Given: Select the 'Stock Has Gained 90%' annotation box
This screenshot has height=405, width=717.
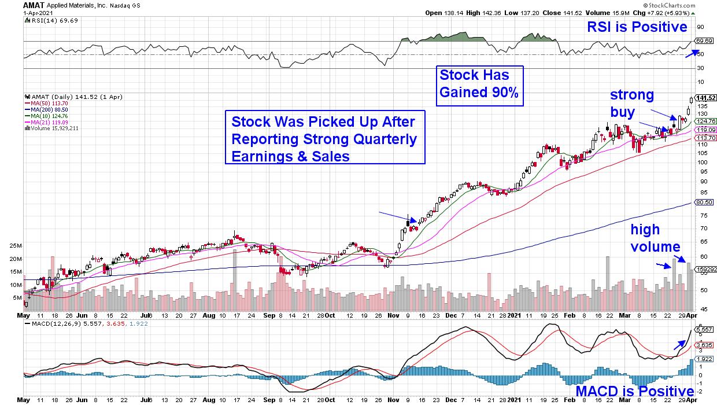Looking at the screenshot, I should (x=479, y=85).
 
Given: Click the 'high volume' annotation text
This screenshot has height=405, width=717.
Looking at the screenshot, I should (x=655, y=239).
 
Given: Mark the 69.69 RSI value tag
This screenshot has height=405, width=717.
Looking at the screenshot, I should (x=703, y=41).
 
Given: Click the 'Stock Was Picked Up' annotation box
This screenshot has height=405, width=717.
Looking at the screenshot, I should (x=325, y=139).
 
